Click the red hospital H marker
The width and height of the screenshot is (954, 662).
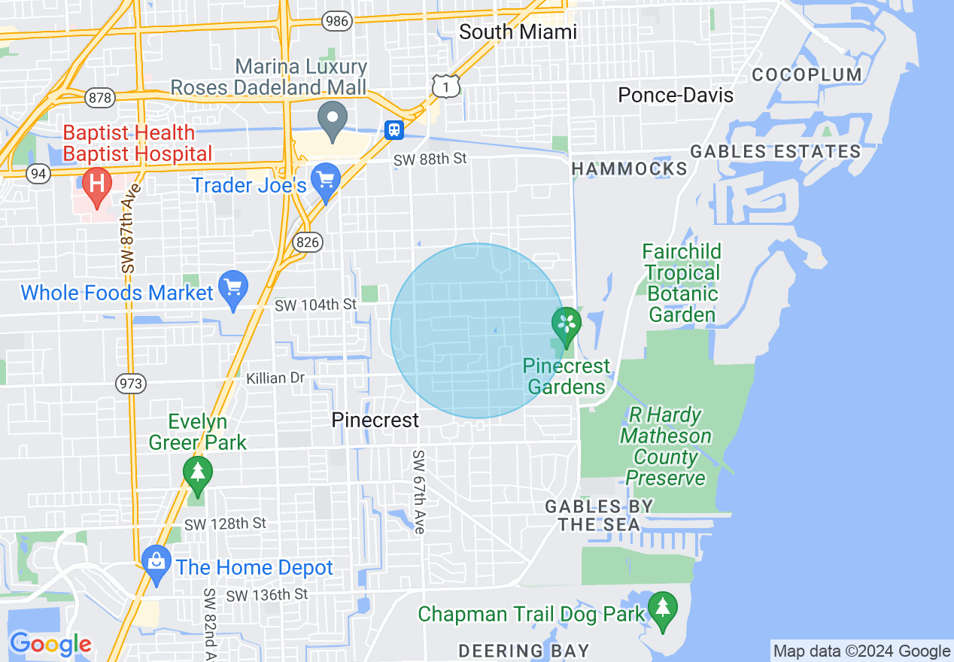(96, 182)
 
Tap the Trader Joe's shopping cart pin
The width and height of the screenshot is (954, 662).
(326, 181)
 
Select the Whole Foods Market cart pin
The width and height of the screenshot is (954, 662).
(233, 288)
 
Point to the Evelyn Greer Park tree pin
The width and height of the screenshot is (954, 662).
(197, 475)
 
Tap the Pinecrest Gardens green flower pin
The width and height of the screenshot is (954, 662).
(567, 325)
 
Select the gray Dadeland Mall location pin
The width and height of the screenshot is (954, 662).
(332, 120)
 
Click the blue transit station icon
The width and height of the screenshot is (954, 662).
(394, 129)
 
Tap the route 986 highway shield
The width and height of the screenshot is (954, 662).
(336, 21)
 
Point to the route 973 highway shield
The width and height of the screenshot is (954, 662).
(130, 384)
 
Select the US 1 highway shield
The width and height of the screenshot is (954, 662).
(445, 87)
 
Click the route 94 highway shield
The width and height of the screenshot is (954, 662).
(38, 175)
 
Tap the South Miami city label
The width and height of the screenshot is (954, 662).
(518, 32)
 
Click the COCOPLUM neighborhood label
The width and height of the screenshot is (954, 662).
(807, 74)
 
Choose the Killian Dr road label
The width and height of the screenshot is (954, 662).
(275, 378)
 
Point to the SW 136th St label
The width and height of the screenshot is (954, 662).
(267, 594)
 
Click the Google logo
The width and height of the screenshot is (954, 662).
(50, 644)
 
